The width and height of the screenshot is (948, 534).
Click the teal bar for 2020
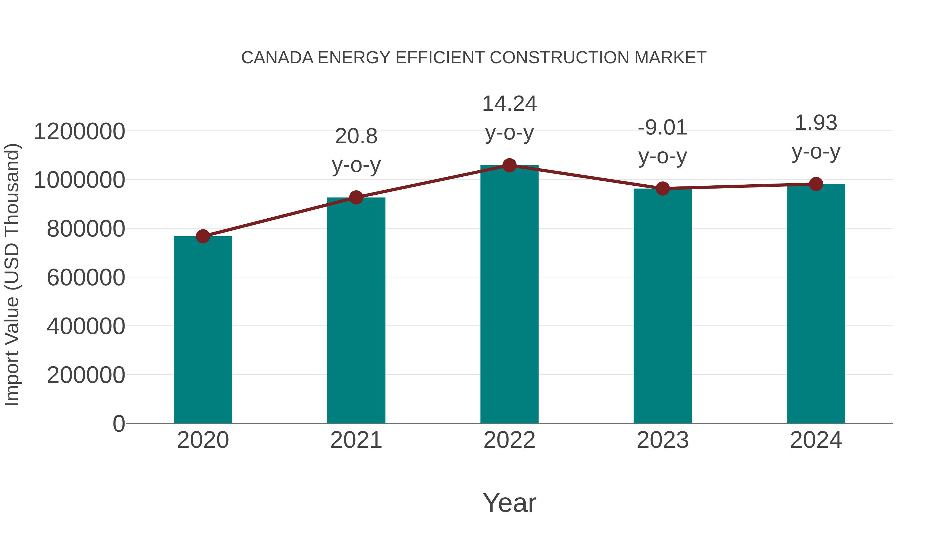(203, 330)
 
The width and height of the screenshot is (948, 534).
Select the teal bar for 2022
(509, 295)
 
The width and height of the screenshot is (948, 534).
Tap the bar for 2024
(816, 304)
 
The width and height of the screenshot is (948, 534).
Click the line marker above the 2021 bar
(356, 198)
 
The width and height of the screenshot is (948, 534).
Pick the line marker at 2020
(203, 236)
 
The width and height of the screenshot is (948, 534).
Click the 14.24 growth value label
(509, 104)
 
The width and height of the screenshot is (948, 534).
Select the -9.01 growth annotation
(663, 128)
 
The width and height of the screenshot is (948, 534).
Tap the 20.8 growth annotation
(356, 136)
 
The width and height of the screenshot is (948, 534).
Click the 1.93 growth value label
(816, 123)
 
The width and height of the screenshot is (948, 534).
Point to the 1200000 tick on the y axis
(79, 132)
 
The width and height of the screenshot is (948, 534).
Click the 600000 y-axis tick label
(86, 277)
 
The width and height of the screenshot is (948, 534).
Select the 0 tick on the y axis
(118, 424)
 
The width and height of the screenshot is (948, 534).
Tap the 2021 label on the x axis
(356, 440)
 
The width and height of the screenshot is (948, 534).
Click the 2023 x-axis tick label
(663, 440)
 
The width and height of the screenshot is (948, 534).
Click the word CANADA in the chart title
(277, 58)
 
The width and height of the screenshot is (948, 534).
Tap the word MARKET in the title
(670, 58)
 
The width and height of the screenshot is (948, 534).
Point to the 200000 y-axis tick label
(86, 375)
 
